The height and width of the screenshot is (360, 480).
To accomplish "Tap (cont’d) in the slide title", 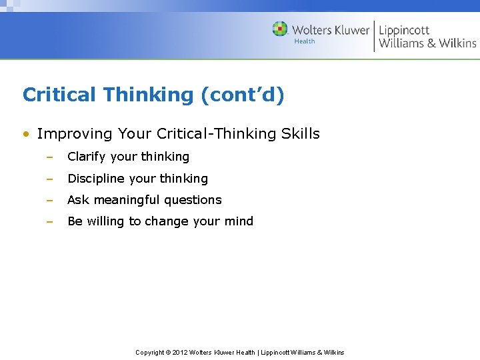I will tap(242, 95).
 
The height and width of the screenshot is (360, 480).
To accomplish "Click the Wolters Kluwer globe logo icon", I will tap(280, 29).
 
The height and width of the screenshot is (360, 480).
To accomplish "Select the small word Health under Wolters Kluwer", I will tap(305, 41).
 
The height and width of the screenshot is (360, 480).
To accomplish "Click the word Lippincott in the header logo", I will tap(404, 30).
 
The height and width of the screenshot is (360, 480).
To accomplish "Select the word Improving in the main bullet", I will tap(75, 134).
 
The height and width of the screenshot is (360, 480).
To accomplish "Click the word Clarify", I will tap(87, 157).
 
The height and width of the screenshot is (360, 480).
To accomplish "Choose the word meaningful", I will tap(125, 200).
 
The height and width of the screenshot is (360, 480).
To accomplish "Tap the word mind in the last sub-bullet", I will tap(240, 221).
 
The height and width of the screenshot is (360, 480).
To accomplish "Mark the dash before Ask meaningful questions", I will tap(49, 200).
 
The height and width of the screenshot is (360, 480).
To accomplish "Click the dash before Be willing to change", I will tap(49, 221).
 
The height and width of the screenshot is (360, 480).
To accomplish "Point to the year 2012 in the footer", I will tap(180, 353).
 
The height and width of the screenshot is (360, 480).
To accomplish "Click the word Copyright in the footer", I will tap(150, 353).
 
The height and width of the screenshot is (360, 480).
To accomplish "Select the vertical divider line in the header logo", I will tap(374, 36).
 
